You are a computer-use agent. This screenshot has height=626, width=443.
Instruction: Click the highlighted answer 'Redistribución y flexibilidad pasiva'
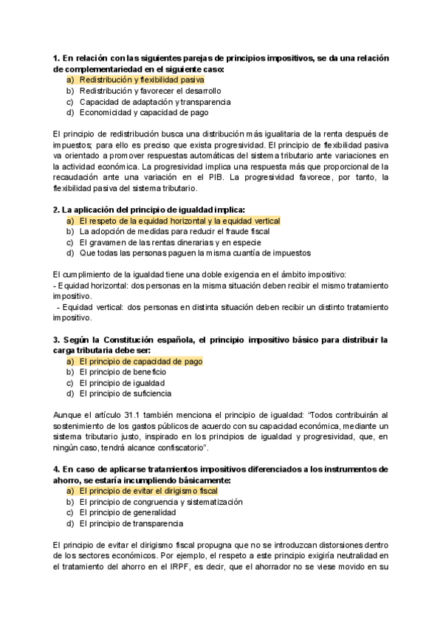(142, 79)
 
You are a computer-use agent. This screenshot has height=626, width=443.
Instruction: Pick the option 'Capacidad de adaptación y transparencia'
(155, 102)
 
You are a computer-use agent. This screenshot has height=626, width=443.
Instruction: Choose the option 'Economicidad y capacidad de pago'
(143, 113)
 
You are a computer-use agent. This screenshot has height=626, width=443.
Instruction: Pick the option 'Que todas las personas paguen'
(185, 253)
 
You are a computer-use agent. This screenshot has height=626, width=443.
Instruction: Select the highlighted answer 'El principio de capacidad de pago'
(140, 362)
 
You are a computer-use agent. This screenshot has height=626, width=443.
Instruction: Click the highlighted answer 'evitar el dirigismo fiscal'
(148, 491)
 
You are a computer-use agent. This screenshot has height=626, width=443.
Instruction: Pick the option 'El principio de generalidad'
(127, 512)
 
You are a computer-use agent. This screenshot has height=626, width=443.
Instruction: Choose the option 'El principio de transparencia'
(131, 523)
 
